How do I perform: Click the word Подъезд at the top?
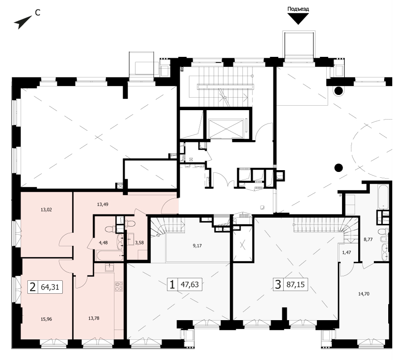(298, 9)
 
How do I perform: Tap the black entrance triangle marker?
(298, 19)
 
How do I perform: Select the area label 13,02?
(46, 210)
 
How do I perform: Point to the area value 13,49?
(103, 204)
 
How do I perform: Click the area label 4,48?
(103, 243)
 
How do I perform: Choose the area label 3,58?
(139, 243)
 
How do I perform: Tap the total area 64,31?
(50, 287)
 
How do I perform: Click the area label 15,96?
(46, 319)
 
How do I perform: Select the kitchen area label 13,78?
(94, 318)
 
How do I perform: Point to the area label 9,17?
(197, 245)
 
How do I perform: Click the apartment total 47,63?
(190, 284)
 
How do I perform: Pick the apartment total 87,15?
(295, 284)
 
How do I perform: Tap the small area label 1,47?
(347, 253)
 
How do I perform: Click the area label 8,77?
(368, 239)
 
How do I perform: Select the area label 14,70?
(364, 294)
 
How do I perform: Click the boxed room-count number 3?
(278, 284)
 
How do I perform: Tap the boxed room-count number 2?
(33, 287)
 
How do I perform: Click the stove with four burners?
(119, 287)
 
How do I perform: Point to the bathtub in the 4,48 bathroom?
(109, 255)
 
